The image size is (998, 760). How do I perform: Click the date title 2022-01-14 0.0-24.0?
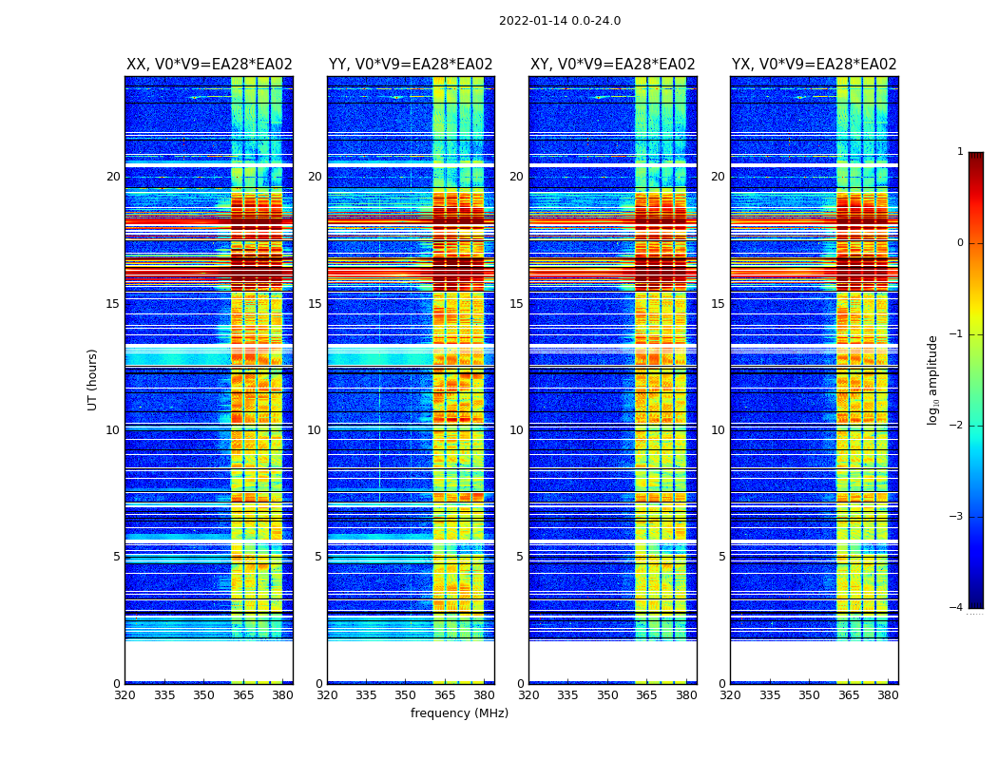tap(560, 21)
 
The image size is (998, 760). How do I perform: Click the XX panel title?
tap(209, 65)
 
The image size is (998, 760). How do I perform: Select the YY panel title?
tap(411, 65)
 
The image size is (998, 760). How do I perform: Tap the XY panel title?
tap(612, 65)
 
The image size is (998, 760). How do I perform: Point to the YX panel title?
tap(814, 65)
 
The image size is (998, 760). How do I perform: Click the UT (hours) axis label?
tap(93, 379)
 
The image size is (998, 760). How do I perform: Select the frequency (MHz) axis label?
tap(459, 713)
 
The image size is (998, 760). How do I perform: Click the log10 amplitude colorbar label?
tap(933, 379)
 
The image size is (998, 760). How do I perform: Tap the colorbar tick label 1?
tap(960, 152)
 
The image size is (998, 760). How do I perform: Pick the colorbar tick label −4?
tap(957, 608)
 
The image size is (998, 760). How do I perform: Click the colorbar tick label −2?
tap(957, 426)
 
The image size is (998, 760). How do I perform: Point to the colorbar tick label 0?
tap(960, 243)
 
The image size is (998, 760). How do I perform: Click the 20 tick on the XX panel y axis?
tap(113, 177)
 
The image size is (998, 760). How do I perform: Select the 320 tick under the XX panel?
tap(125, 695)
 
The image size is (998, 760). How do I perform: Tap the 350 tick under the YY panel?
tap(406, 695)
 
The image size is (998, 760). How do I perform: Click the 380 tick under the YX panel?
tap(888, 695)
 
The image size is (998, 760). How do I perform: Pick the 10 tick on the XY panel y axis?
tap(516, 430)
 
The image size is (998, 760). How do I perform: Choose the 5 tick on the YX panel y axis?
tap(721, 557)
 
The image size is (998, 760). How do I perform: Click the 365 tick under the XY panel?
tap(646, 695)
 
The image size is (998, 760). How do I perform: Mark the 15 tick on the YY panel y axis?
tap(315, 304)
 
